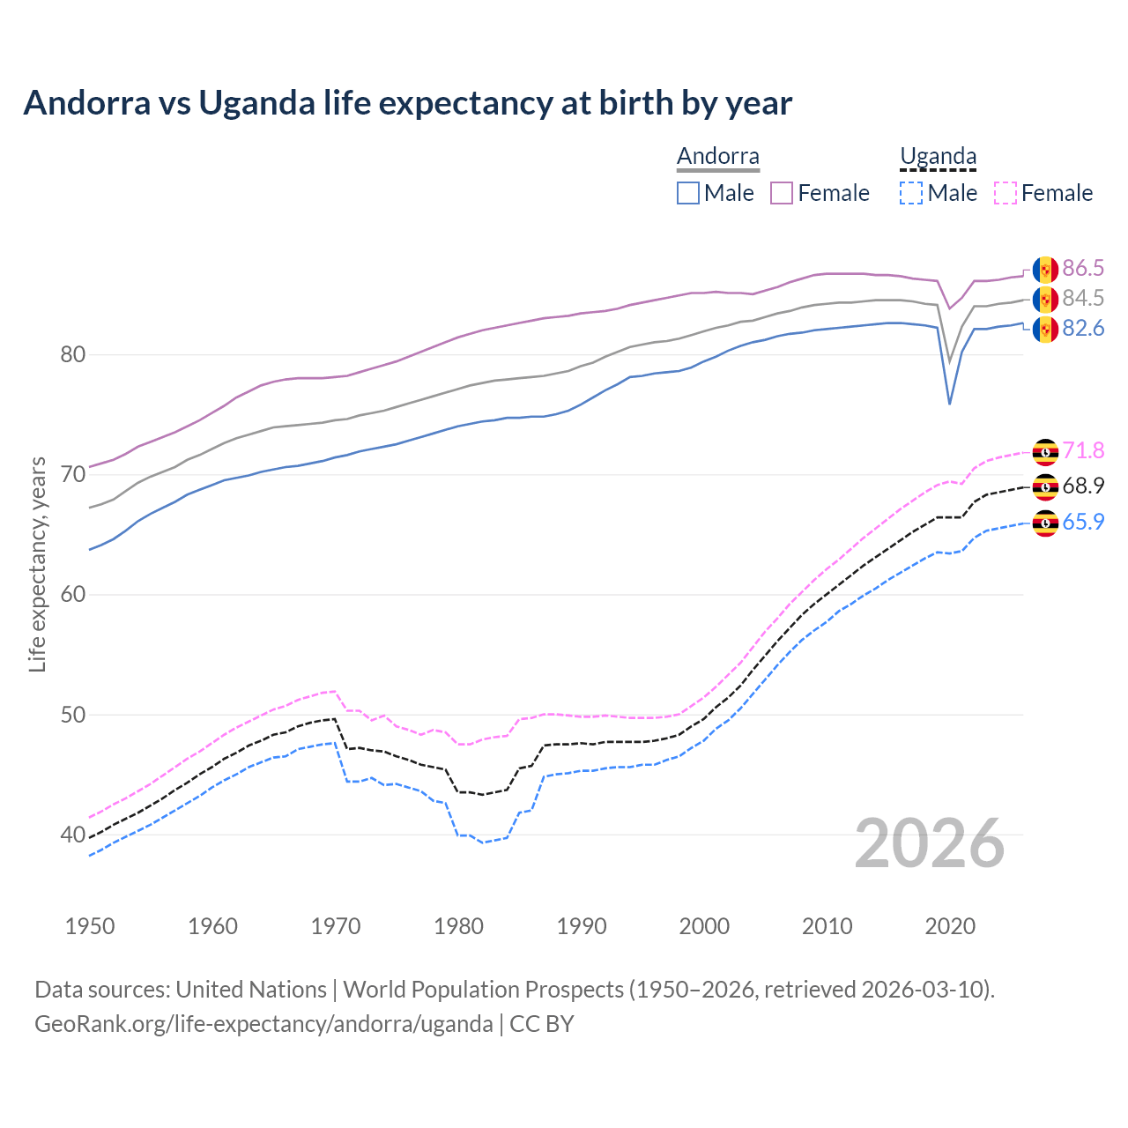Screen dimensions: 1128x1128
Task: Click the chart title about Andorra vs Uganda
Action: (x=407, y=103)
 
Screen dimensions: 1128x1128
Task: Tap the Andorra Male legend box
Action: (x=688, y=193)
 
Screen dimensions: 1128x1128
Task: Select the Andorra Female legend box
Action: (x=782, y=193)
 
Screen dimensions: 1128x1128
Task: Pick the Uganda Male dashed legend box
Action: (x=911, y=193)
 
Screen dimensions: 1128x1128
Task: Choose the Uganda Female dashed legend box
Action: (x=1006, y=193)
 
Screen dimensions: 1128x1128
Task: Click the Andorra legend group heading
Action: (x=717, y=157)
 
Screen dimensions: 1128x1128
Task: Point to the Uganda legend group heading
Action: (x=938, y=157)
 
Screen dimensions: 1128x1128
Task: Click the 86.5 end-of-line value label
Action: (x=1083, y=269)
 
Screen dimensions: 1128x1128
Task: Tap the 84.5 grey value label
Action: (x=1083, y=299)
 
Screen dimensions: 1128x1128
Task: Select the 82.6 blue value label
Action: (x=1083, y=329)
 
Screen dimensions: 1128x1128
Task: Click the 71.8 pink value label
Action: (x=1083, y=450)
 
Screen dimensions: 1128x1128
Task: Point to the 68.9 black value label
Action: (x=1083, y=486)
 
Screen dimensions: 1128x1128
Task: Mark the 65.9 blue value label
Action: (x=1083, y=522)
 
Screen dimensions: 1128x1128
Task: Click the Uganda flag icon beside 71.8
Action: (x=1045, y=451)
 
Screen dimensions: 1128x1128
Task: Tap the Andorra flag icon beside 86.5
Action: (x=1045, y=270)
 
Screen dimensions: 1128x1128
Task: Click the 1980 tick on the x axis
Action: (x=458, y=926)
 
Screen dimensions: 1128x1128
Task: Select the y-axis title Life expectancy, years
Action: (x=37, y=564)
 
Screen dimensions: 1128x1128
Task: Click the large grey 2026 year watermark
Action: (x=930, y=843)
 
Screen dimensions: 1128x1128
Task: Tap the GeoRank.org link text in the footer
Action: (x=263, y=1024)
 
